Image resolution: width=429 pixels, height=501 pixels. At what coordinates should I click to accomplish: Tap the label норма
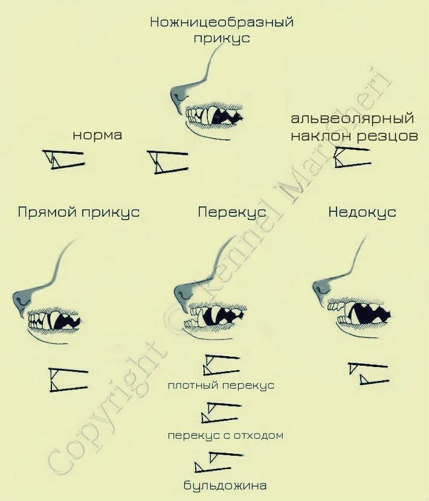coord(97,135)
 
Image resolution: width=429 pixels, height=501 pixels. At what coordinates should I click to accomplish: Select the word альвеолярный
coord(352,118)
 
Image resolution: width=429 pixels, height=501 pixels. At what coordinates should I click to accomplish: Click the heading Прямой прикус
coord(79,212)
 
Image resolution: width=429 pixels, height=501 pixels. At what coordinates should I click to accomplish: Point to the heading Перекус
coord(231,212)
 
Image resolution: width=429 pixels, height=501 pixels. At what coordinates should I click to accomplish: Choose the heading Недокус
coord(362,212)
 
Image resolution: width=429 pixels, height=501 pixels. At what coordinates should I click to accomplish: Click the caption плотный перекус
coord(221,385)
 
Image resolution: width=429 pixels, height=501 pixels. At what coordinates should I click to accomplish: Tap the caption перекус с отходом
coord(225,435)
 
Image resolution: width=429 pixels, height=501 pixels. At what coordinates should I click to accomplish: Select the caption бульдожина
coord(225,485)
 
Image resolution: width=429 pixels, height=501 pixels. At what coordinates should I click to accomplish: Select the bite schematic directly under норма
coord(63,159)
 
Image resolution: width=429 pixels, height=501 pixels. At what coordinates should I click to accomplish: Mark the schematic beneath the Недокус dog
coord(367,373)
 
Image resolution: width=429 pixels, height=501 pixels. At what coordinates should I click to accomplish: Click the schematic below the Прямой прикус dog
coord(68,379)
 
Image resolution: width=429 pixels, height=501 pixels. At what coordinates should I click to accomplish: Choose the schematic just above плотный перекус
coord(221,365)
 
